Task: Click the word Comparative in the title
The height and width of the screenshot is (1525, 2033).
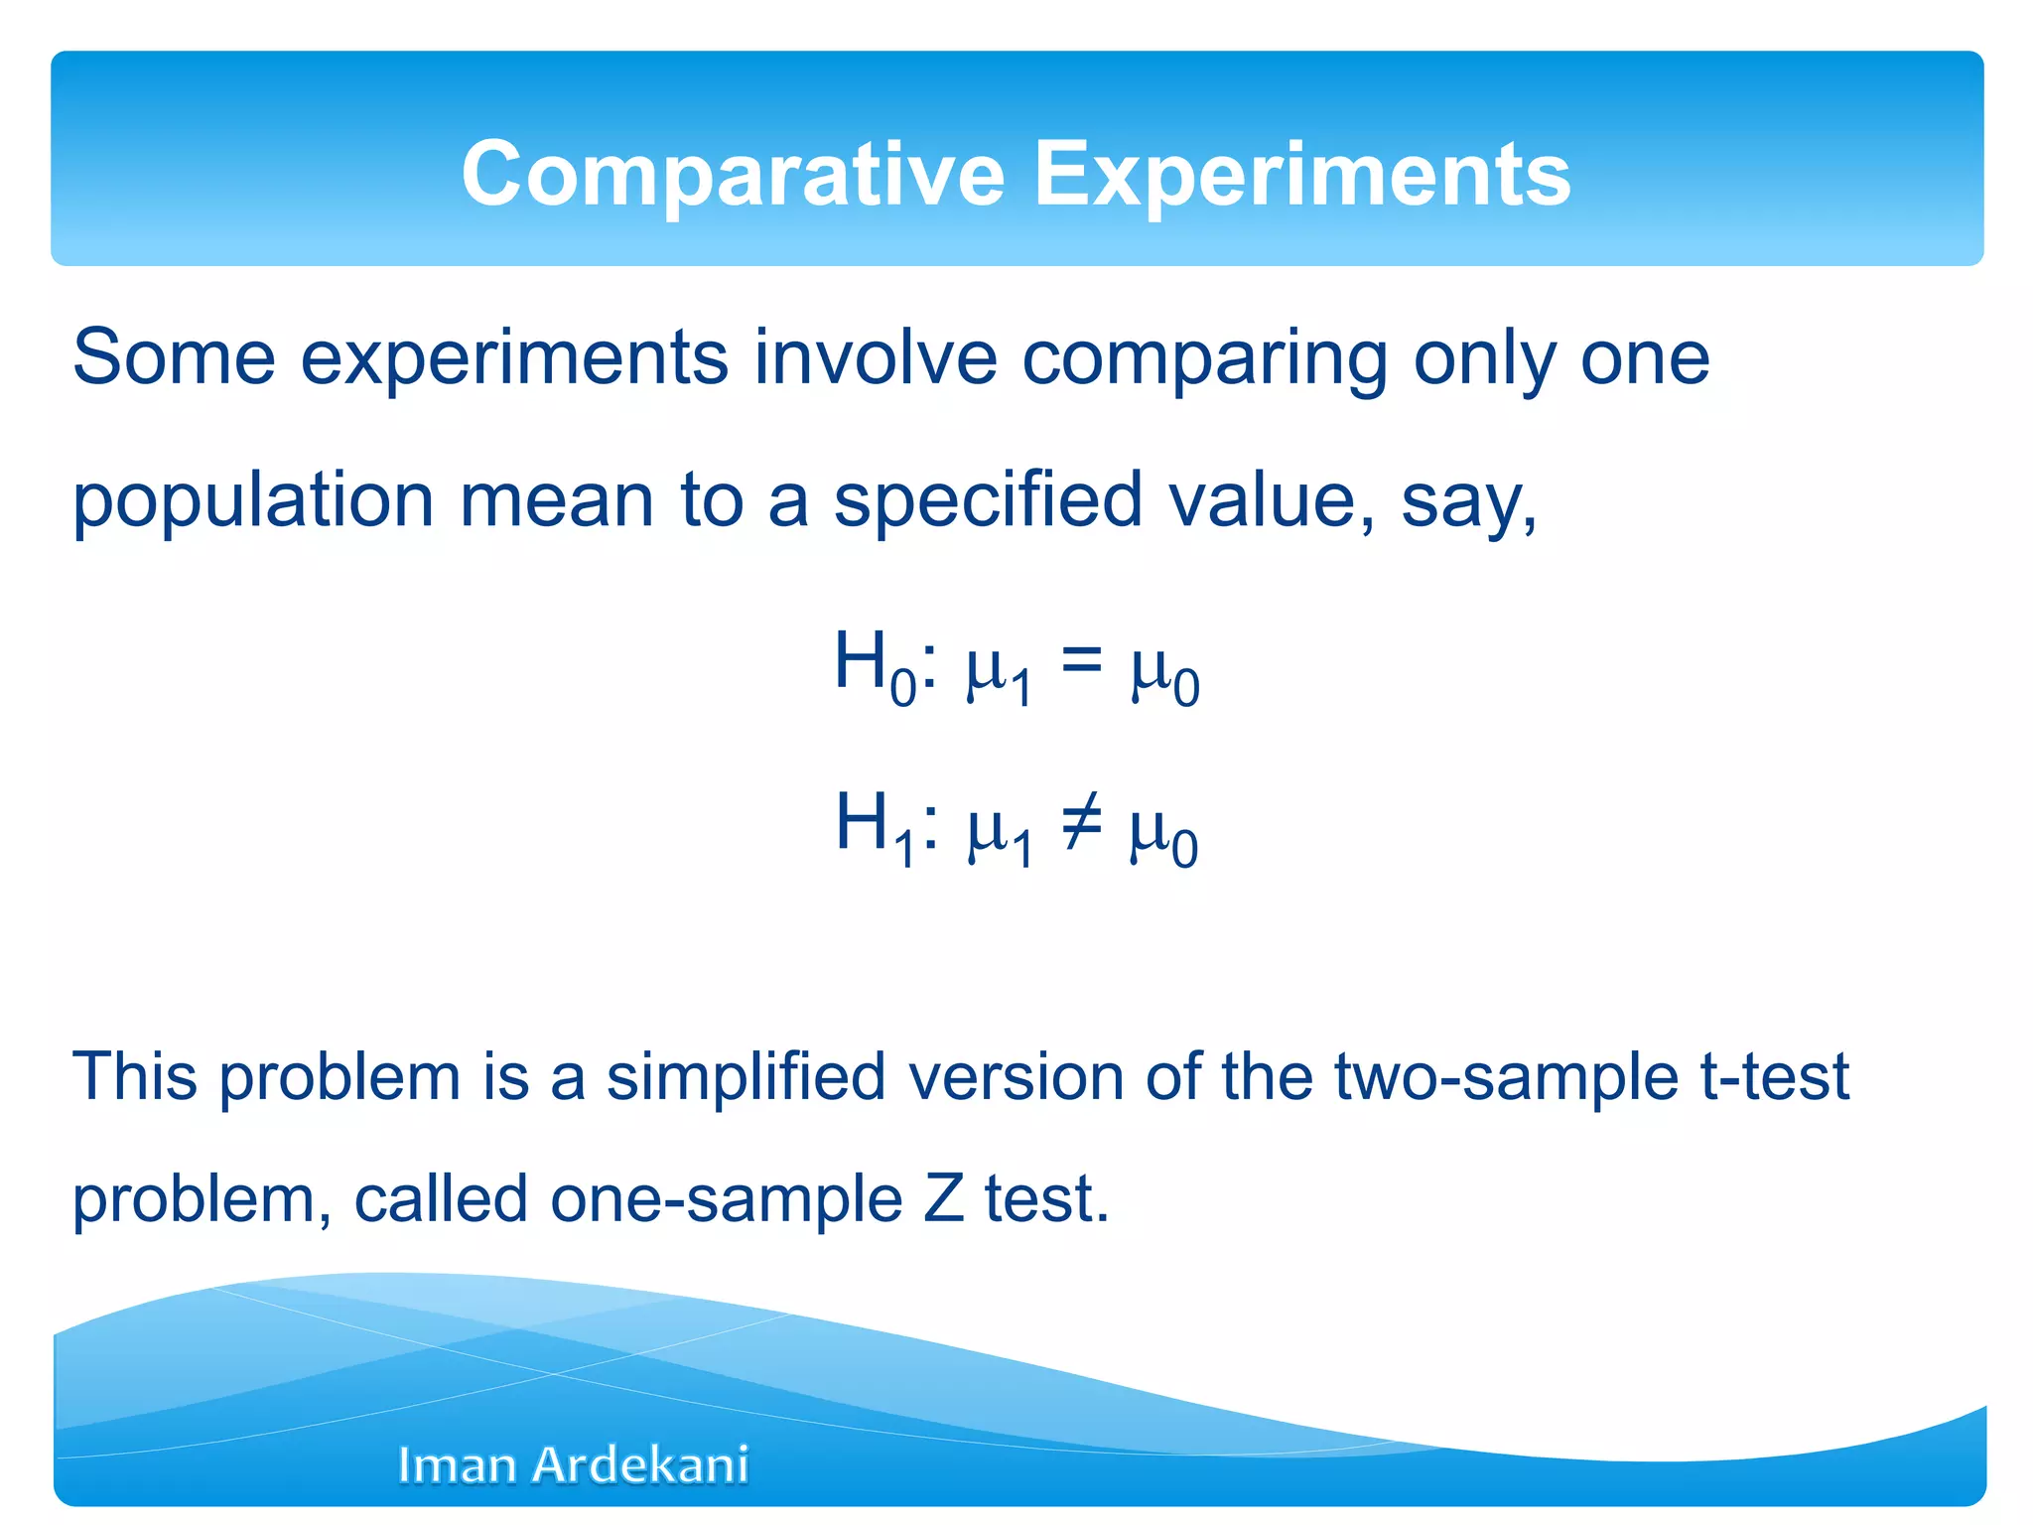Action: [733, 175]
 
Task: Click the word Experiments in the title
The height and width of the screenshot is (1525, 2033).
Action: [1302, 175]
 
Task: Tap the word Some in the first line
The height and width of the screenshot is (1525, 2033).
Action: [174, 357]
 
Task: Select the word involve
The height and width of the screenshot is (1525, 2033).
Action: [875, 357]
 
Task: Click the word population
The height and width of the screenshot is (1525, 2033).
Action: [253, 502]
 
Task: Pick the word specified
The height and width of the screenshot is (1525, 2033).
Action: [988, 500]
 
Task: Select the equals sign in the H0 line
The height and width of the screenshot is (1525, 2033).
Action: [1082, 658]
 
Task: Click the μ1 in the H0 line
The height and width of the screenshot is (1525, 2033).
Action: [998, 670]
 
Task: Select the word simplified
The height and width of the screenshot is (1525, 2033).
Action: [745, 1076]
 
